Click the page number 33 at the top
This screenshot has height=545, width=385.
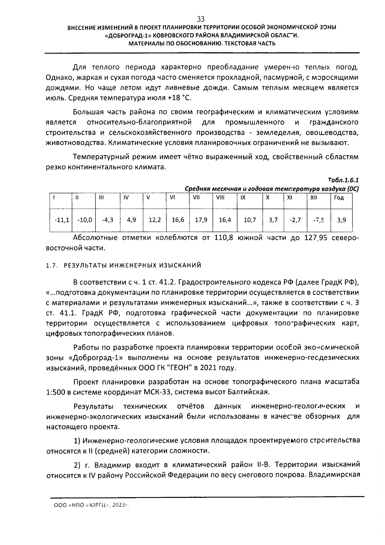[201, 19]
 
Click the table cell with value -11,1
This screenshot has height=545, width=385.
[61, 220]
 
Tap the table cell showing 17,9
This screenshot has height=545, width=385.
[201, 220]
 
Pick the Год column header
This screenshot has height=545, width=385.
[339, 198]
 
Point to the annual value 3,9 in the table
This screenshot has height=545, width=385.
[341, 220]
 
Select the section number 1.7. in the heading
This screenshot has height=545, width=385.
[51, 265]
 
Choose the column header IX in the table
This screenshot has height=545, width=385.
[243, 198]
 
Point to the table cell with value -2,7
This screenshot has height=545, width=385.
[295, 220]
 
